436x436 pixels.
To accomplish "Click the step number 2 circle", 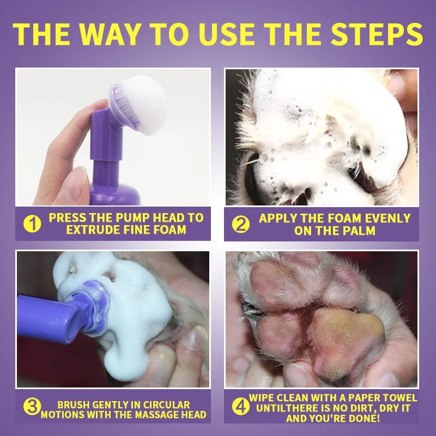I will [241, 224].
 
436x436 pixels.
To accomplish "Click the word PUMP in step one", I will [131, 217].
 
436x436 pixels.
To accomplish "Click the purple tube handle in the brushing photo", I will [44, 316].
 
